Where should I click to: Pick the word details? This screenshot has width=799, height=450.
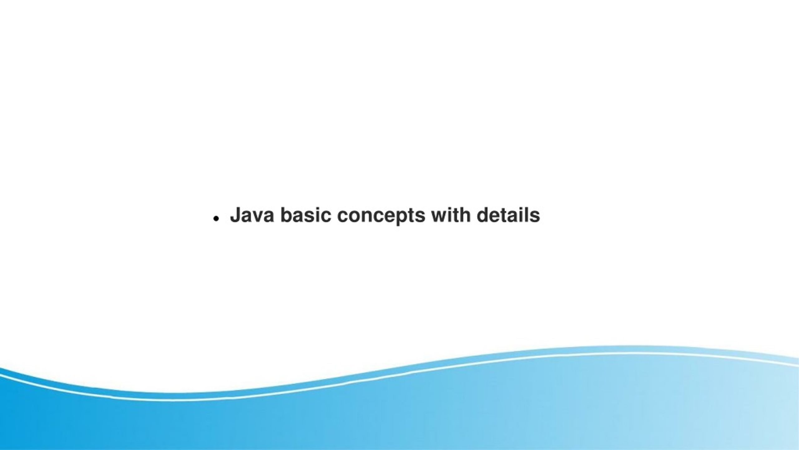click(x=508, y=215)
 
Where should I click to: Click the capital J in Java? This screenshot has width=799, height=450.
click(x=236, y=215)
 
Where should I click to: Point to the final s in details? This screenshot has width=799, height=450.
click(x=535, y=217)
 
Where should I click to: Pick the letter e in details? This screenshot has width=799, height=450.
click(x=496, y=217)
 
